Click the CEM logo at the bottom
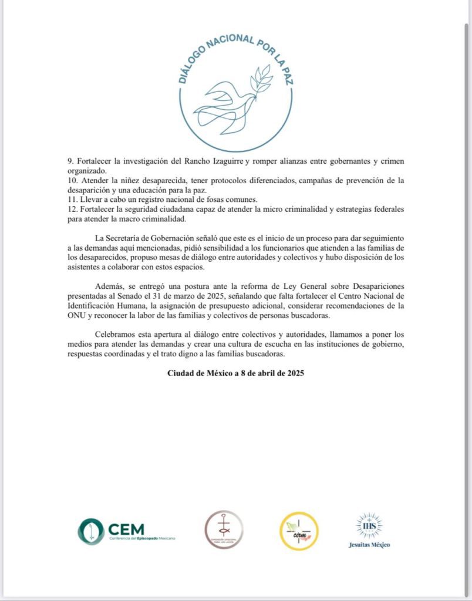tap(126, 531)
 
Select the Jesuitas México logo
tap(369, 531)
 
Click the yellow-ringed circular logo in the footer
tap(299, 531)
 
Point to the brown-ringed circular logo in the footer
tap(224, 529)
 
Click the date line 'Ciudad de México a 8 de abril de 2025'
tap(235, 373)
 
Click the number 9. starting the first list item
tap(69, 161)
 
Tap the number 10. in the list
tap(70, 180)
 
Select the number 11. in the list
tap(70, 198)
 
